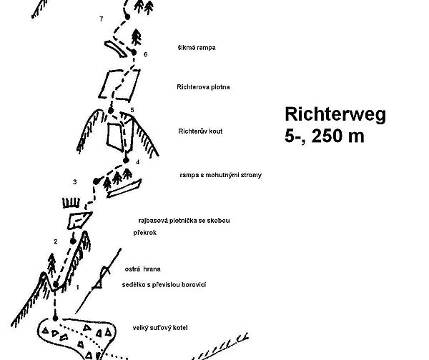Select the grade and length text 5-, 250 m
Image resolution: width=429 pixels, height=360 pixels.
coord(324,136)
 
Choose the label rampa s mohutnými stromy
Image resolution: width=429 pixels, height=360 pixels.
coord(212,174)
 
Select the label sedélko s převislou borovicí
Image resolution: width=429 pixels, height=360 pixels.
coord(164,284)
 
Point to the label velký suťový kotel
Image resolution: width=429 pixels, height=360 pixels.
coord(159,329)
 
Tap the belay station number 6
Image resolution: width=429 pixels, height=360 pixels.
coord(145,54)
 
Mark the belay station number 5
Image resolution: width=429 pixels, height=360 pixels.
coord(132,109)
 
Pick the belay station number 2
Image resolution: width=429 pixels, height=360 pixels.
coord(55,241)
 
